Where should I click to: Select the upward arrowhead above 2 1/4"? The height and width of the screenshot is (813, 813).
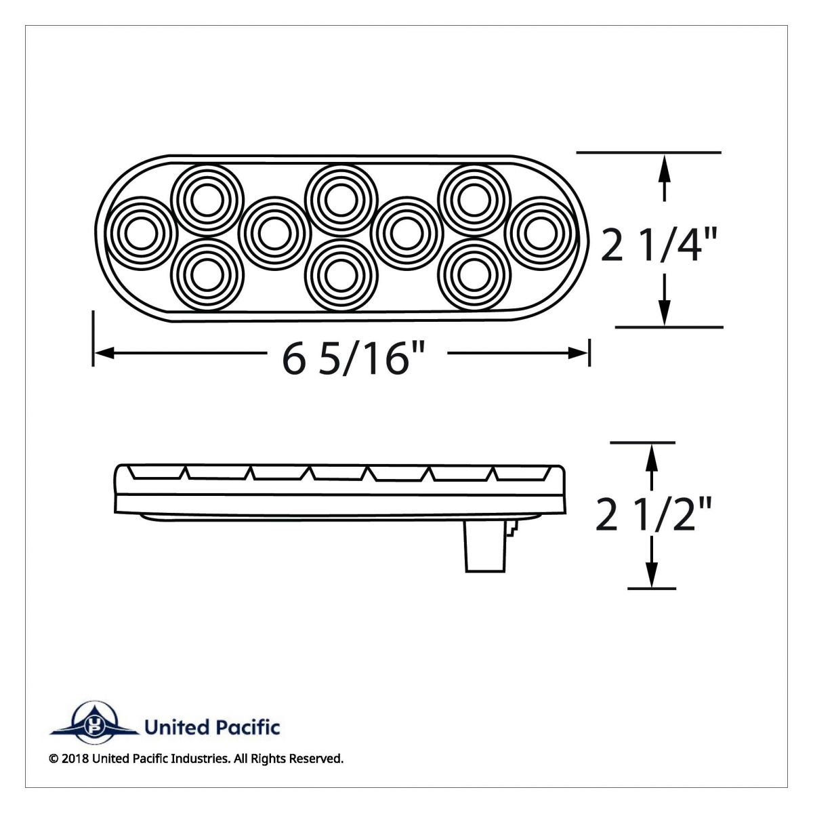click(665, 165)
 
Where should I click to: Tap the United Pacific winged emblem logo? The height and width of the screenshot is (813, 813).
click(93, 728)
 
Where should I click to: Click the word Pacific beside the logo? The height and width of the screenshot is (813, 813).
click(249, 728)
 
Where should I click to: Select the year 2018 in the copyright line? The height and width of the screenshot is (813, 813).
click(74, 759)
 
